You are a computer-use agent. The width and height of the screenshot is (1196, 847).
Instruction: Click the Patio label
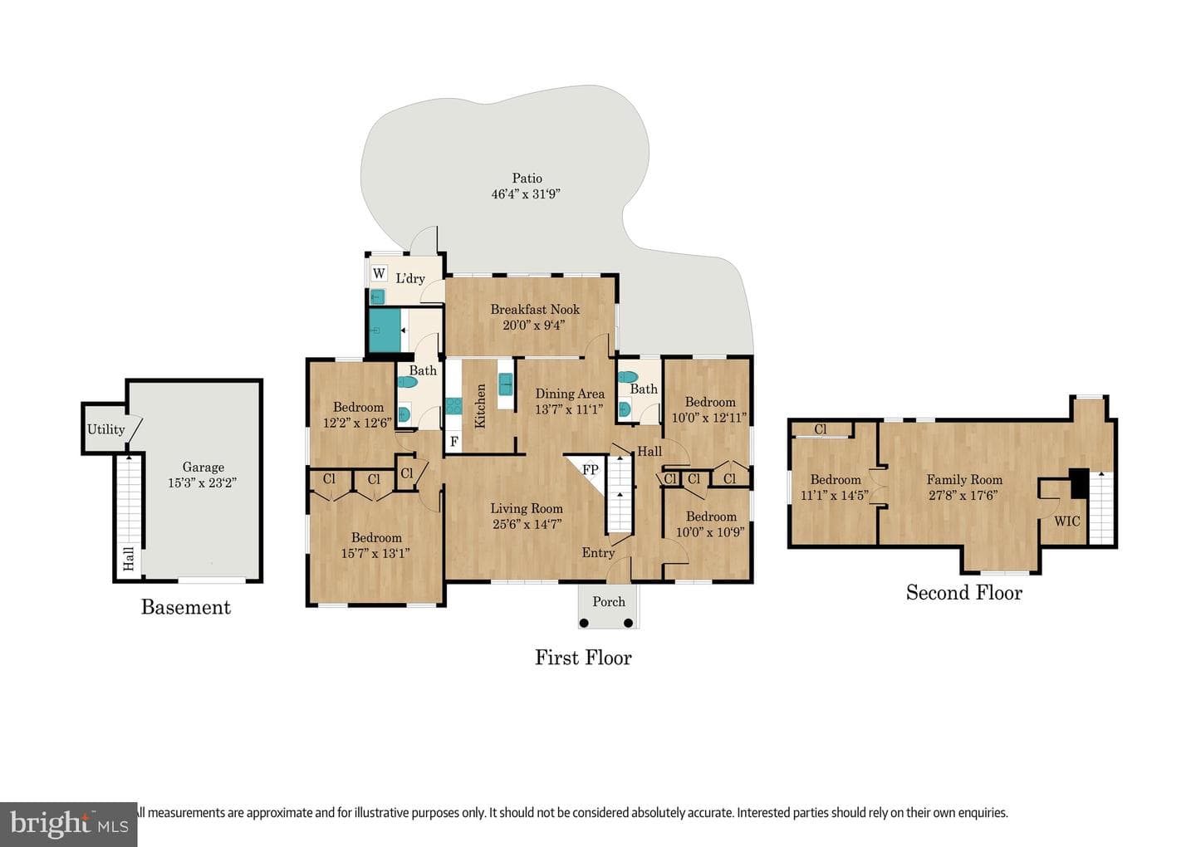pyautogui.click(x=527, y=179)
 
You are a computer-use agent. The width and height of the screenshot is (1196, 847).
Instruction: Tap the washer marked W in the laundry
pyautogui.click(x=379, y=274)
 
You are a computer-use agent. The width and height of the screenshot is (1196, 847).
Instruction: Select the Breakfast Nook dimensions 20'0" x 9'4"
pyautogui.click(x=533, y=325)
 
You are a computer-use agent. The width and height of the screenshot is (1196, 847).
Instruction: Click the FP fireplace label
pyautogui.click(x=590, y=470)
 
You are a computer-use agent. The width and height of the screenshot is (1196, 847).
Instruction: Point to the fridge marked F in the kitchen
pyautogui.click(x=453, y=442)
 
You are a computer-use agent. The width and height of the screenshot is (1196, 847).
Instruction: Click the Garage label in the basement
pyautogui.click(x=203, y=468)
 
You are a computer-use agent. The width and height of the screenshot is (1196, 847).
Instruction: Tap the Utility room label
pyautogui.click(x=105, y=429)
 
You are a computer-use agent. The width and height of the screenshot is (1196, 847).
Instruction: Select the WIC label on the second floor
pyautogui.click(x=1066, y=521)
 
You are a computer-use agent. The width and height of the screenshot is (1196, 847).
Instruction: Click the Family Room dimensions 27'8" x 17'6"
pyautogui.click(x=963, y=495)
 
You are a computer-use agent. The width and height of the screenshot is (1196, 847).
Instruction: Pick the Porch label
pyautogui.click(x=608, y=602)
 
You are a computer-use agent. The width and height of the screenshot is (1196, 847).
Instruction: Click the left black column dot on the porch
pyautogui.click(x=584, y=623)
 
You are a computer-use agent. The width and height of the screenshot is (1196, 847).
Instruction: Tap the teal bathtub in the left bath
pyautogui.click(x=385, y=330)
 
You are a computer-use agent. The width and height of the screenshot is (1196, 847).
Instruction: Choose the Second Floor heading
pyautogui.click(x=963, y=593)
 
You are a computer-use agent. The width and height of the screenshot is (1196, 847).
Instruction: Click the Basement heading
pyautogui.click(x=186, y=607)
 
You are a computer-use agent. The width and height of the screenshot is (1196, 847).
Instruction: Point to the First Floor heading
pyautogui.click(x=583, y=658)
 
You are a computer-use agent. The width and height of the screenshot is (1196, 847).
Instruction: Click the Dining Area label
pyautogui.click(x=570, y=394)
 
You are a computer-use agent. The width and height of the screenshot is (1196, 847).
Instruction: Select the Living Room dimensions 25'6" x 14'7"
pyautogui.click(x=527, y=524)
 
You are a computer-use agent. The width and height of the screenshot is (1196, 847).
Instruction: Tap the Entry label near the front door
pyautogui.click(x=598, y=553)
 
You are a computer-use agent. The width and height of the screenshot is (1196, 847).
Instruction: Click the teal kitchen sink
pyautogui.click(x=505, y=384)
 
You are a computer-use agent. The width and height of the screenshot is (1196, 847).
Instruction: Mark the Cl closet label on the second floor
pyautogui.click(x=821, y=429)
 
